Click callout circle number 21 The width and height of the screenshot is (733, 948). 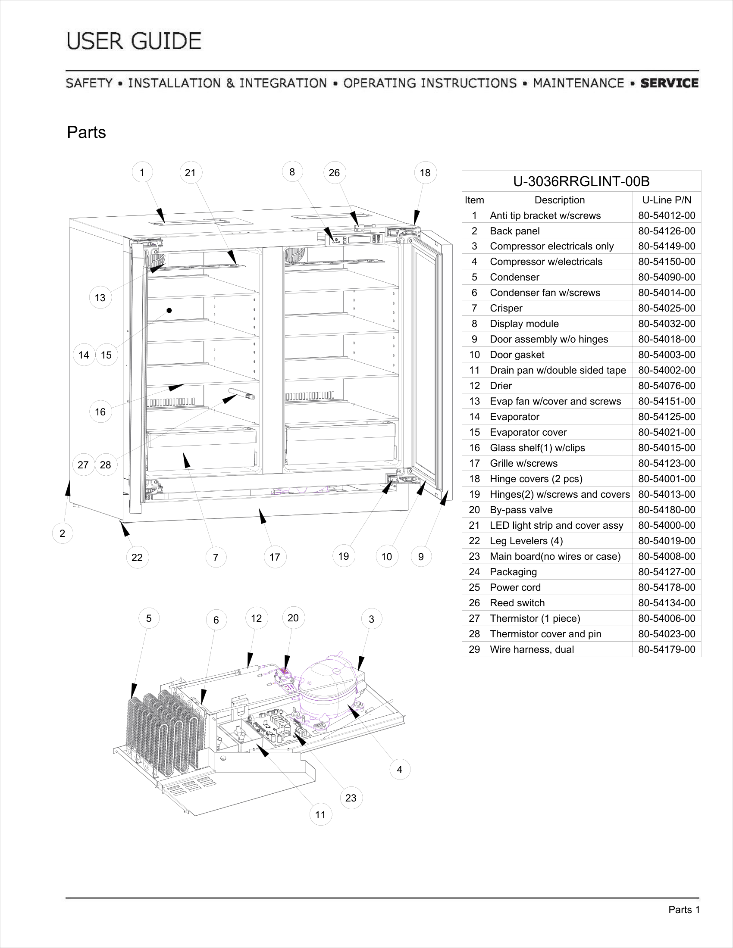coord(191,173)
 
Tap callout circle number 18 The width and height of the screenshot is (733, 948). coord(425,173)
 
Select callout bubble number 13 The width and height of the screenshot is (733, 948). coord(100,298)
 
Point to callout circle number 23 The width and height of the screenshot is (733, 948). coord(351,798)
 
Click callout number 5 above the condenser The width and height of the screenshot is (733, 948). coord(149,618)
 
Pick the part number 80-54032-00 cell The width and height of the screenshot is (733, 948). coord(667,324)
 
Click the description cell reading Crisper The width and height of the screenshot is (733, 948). coord(559,308)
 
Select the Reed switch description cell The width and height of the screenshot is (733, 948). coord(559,603)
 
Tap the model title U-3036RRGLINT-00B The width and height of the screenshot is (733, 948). coord(581,181)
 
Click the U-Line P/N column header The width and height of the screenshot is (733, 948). coord(667,200)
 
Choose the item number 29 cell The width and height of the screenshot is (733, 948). coord(474,649)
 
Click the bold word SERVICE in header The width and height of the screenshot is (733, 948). coord(669,83)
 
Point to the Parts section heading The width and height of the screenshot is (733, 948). coord(86,132)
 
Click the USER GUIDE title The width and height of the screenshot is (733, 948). coord(134,41)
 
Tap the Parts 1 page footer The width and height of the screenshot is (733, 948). coord(684,910)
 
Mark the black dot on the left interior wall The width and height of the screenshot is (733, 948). coord(169,310)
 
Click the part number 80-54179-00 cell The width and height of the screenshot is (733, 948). coord(667,649)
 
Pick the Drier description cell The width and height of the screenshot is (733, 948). coord(559,386)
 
